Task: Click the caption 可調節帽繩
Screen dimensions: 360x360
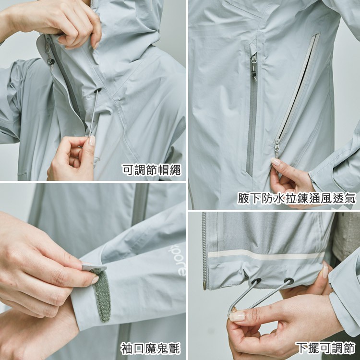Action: click(x=152, y=170)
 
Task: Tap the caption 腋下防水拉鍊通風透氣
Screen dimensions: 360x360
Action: click(x=297, y=198)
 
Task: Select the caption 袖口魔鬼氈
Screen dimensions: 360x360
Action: click(x=151, y=348)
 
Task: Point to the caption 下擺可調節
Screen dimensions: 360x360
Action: click(x=325, y=348)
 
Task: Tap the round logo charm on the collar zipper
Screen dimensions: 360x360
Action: click(x=51, y=61)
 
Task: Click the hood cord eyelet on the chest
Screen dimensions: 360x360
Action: click(x=98, y=90)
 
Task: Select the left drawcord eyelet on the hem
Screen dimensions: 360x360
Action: click(x=256, y=281)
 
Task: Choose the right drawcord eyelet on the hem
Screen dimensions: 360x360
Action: click(x=289, y=281)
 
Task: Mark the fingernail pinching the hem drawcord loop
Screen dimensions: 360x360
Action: click(x=237, y=317)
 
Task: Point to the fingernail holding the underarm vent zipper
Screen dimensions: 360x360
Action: click(x=276, y=161)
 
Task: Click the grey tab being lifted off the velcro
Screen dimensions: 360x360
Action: click(x=94, y=267)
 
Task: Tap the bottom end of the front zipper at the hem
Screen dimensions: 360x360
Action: click(x=204, y=287)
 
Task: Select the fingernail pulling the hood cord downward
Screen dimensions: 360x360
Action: click(x=92, y=141)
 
